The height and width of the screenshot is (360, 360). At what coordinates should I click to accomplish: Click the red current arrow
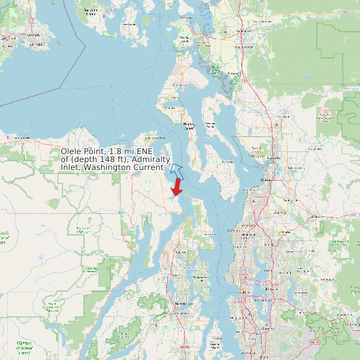coord(177,187)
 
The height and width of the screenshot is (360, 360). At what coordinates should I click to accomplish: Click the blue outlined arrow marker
coord(175,169)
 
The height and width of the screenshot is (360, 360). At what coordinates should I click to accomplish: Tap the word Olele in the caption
coord(72,151)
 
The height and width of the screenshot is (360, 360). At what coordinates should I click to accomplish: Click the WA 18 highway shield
coord(312,341)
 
